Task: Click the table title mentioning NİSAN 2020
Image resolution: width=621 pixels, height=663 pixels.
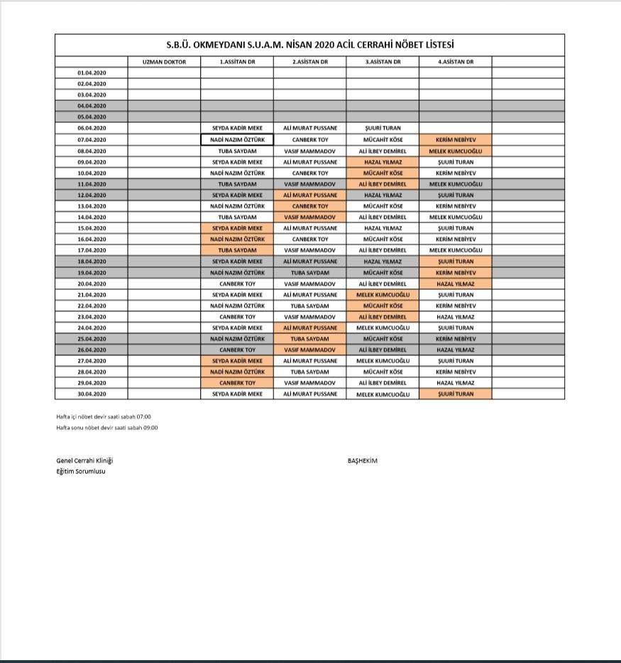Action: [x=310, y=44]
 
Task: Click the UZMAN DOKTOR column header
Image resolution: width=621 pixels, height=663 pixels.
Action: [x=164, y=62]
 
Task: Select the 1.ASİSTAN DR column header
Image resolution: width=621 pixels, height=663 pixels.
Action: [x=237, y=62]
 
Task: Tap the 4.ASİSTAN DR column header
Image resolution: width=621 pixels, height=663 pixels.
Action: [x=455, y=62]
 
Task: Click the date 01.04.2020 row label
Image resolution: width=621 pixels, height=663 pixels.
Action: [x=92, y=72]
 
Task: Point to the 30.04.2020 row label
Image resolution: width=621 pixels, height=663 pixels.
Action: [x=92, y=394]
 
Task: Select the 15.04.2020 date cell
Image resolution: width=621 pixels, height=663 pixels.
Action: [x=92, y=228]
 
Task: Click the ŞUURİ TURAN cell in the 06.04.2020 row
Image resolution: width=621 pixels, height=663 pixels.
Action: [x=383, y=129]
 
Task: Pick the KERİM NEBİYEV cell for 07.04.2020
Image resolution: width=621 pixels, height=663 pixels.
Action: [x=455, y=140]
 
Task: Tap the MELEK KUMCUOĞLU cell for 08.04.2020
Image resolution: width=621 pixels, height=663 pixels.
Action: [x=455, y=151]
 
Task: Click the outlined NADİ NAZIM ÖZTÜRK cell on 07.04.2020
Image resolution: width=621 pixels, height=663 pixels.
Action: [x=237, y=140]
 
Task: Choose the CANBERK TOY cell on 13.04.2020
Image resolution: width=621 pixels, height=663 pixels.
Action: [x=310, y=206]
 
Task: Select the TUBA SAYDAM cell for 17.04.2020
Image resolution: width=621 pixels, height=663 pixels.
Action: [x=237, y=250]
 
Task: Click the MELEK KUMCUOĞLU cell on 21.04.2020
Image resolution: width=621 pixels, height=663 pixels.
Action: [x=383, y=294]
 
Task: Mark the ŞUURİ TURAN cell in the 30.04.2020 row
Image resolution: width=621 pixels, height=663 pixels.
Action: [x=455, y=394]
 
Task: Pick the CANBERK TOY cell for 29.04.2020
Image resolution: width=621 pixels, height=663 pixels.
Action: [x=237, y=383]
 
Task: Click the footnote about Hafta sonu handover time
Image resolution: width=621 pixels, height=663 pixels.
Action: [x=107, y=428]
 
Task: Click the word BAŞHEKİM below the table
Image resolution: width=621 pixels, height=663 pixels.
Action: [x=363, y=460]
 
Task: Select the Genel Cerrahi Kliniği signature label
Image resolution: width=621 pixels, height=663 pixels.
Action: [x=84, y=460]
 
